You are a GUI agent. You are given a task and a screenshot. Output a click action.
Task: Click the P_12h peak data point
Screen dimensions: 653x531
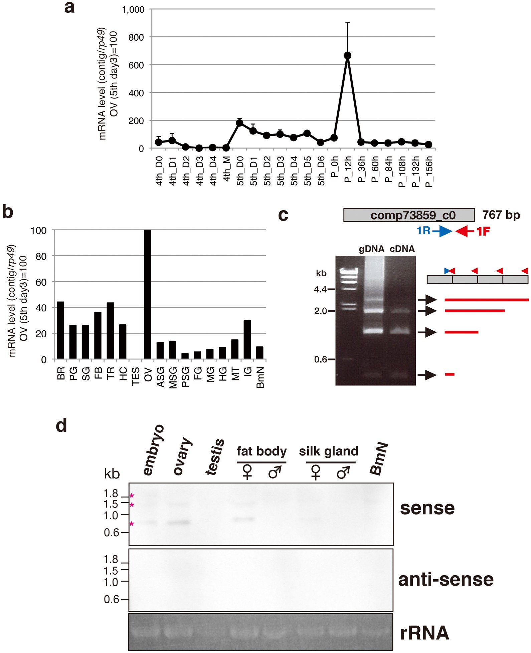(x=347, y=55)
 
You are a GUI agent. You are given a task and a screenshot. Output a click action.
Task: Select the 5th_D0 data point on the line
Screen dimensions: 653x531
(x=239, y=123)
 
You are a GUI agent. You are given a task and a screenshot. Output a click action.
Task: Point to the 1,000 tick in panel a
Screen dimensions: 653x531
(x=133, y=10)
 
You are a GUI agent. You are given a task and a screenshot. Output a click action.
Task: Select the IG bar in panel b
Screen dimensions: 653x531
(x=247, y=339)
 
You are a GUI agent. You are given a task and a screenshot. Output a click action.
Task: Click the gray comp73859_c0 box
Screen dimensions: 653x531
(x=409, y=215)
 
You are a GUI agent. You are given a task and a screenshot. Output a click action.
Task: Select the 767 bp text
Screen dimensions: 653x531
(x=501, y=215)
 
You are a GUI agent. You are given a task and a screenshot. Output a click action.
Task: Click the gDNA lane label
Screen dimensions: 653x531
(x=371, y=249)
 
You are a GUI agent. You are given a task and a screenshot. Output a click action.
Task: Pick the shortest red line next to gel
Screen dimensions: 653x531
(x=450, y=375)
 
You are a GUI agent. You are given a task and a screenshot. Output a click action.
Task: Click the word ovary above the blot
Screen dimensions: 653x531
(x=183, y=456)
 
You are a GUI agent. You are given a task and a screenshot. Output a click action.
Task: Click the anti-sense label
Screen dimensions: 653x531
(x=446, y=579)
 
